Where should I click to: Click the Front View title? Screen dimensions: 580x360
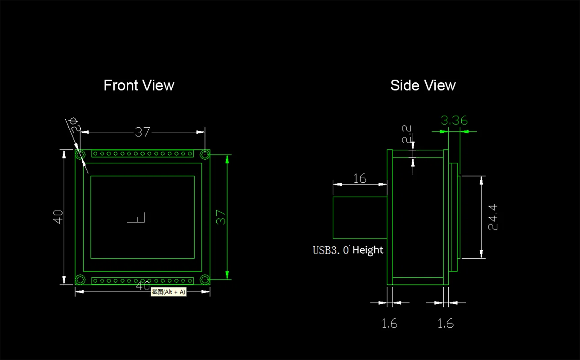click(139, 85)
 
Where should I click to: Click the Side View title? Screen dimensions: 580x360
click(423, 85)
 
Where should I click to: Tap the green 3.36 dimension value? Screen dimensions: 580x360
click(454, 120)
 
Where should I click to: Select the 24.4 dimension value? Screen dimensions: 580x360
click(492, 217)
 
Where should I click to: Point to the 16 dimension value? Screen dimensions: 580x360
click(360, 178)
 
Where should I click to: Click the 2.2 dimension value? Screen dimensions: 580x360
click(406, 134)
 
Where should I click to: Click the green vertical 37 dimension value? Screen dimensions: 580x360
click(221, 217)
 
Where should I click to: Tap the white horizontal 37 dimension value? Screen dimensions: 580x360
click(142, 132)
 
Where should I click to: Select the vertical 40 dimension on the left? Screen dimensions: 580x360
click(58, 217)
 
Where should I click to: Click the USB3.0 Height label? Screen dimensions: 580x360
click(348, 250)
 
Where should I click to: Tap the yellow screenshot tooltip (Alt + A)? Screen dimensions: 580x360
click(169, 292)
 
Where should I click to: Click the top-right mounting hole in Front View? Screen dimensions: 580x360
click(205, 155)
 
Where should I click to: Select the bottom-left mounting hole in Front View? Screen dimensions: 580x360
click(80, 279)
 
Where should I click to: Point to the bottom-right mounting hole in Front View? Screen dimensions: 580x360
click(205, 279)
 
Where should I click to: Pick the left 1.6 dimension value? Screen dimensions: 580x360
click(389, 324)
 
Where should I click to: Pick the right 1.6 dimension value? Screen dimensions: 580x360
click(446, 324)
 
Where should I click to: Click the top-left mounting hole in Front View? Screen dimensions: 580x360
click(80, 155)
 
